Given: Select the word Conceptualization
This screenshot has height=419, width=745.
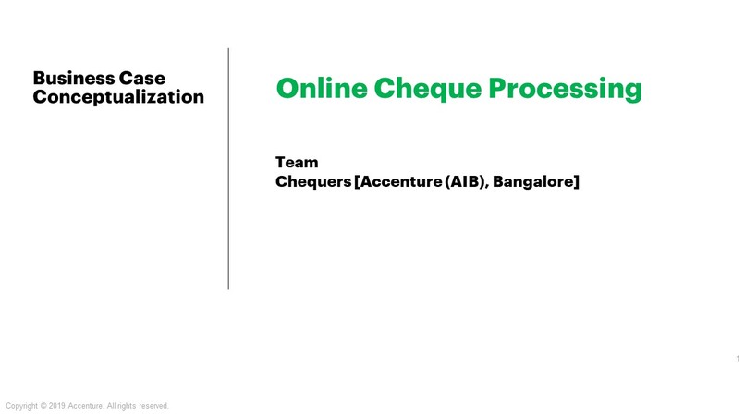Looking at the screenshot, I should pyautogui.click(x=118, y=97).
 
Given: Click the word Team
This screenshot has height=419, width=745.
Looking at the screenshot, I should pyautogui.click(x=297, y=163).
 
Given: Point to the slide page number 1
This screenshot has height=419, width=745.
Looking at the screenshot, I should pyautogui.click(x=738, y=359).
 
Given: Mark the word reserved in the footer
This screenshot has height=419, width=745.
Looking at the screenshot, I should pyautogui.click(x=154, y=406).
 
